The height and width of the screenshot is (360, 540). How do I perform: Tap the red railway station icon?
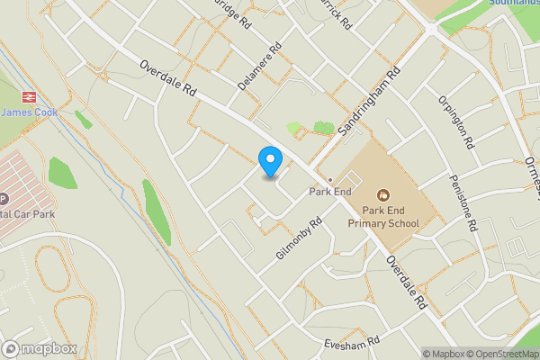26,96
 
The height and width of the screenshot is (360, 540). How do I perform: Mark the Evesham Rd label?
353,343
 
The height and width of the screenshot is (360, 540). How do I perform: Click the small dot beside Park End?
329,179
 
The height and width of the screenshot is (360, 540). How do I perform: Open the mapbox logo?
40,348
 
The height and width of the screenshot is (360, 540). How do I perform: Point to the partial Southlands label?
515,3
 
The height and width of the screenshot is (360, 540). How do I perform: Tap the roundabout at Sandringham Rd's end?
430,28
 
